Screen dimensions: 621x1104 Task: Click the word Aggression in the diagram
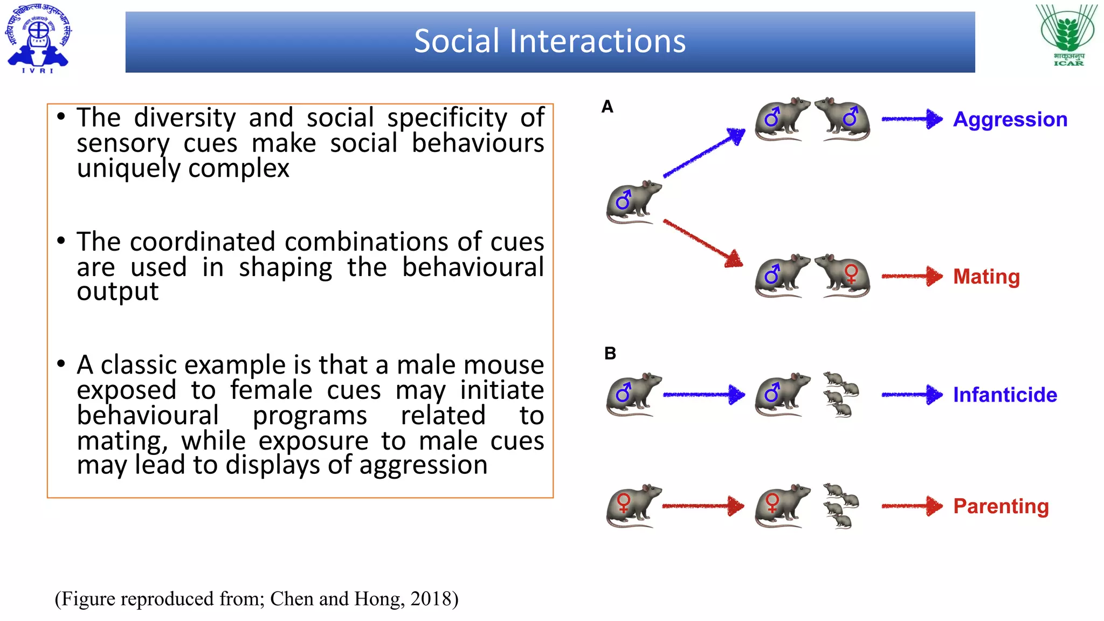tap(1010, 119)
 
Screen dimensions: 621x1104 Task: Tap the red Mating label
tap(986, 277)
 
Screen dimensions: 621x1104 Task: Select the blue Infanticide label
tap(1005, 395)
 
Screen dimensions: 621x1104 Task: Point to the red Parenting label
tap(1000, 506)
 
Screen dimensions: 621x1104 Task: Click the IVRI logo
tap(38, 38)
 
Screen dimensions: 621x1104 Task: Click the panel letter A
tap(608, 107)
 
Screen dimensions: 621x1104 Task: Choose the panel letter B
tap(610, 353)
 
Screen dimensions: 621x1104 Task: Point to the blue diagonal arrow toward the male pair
tap(703, 153)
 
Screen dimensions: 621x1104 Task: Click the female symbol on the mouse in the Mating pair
tap(851, 274)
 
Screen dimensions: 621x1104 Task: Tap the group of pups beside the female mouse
tap(840, 506)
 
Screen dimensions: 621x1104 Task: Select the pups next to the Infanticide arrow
tap(840, 395)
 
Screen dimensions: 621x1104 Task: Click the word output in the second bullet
tap(118, 292)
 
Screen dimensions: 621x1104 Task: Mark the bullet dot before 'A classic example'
tap(61, 364)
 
